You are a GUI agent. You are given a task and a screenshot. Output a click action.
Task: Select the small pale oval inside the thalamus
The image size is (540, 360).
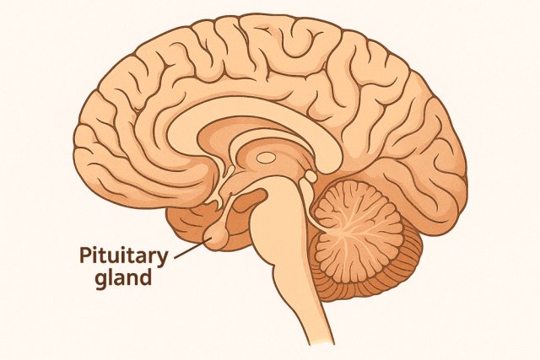[265, 157]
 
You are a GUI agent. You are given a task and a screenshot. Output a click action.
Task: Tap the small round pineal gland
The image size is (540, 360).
[310, 177]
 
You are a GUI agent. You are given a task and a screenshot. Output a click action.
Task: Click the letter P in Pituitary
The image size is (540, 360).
[86, 255]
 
